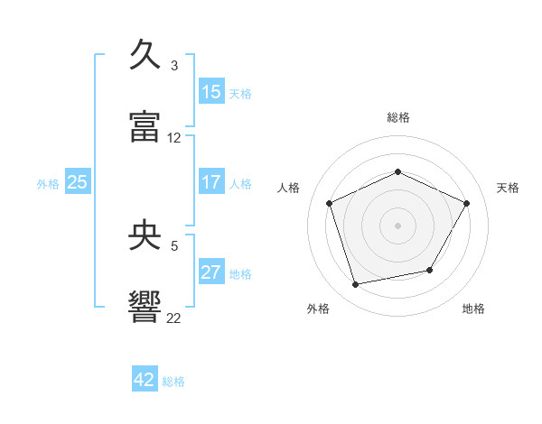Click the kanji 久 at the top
(145, 54)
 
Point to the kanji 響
(145, 307)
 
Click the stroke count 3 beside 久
(174, 66)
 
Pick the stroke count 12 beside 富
(173, 138)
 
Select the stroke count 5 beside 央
(174, 246)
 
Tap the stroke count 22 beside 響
(173, 318)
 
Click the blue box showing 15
(211, 91)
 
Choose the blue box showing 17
(211, 181)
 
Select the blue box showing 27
(211, 271)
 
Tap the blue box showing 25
(78, 181)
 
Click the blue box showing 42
(145, 378)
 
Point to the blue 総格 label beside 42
(173, 382)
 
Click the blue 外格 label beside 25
(48, 184)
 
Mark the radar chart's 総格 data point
(397, 171)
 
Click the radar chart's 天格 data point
(466, 203)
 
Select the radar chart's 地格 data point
(430, 270)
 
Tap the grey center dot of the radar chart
(397, 226)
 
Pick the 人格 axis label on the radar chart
(288, 188)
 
